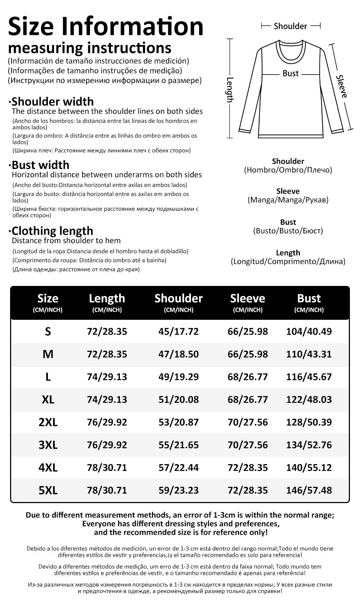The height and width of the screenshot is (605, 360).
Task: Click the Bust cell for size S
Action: coord(309,331)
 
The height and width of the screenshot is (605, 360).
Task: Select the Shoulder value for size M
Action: coord(179,354)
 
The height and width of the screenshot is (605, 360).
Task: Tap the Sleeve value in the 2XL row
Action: coord(248,422)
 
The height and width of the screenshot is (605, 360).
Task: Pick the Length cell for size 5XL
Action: coord(107,490)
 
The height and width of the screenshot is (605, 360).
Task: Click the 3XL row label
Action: coord(48,445)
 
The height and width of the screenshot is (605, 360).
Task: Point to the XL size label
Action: coord(48,399)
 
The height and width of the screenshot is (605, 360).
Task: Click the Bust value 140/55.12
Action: coord(309,467)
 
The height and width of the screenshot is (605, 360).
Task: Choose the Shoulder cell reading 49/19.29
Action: coord(179,377)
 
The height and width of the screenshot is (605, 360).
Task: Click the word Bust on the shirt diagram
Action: coord(291,73)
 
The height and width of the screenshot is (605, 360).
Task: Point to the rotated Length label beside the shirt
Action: coord(230,90)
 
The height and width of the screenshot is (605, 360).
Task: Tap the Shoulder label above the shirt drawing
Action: coord(290,26)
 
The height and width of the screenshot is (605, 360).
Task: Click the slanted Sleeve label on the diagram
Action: coord(342,86)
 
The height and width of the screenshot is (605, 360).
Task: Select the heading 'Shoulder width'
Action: coord(53,102)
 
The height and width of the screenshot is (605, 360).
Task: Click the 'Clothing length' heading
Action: coord(52,231)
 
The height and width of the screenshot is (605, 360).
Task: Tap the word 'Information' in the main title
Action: coord(132,26)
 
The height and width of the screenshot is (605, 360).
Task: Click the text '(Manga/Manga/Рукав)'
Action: coord(288,200)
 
